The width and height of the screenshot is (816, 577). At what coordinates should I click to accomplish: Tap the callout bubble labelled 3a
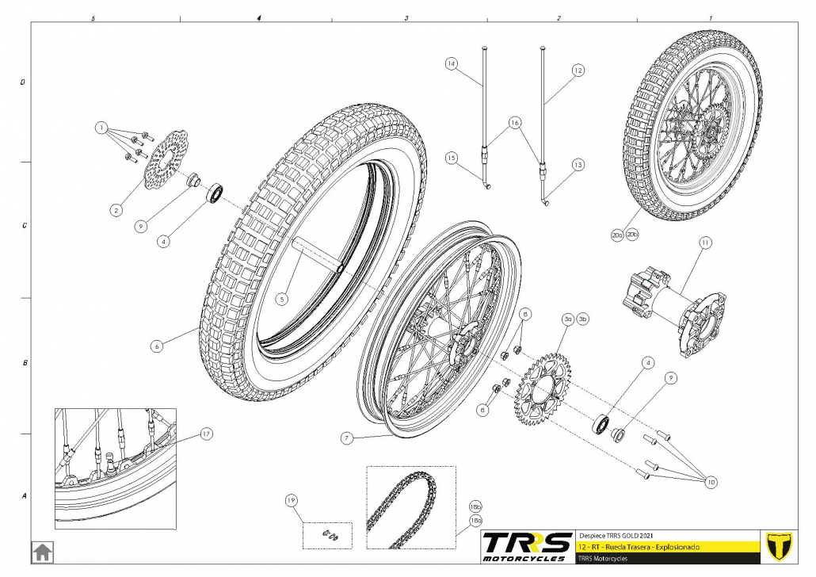pos(567,319)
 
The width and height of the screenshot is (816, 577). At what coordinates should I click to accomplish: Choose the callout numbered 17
pos(205,434)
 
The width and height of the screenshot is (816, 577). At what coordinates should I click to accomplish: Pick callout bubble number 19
pos(291,500)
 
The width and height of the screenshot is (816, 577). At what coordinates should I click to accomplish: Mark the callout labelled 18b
pos(475,505)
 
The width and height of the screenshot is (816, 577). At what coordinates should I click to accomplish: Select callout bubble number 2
pos(116,210)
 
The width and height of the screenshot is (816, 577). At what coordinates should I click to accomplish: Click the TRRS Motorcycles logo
pos(527,546)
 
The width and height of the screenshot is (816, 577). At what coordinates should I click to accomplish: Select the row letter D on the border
pos(23,82)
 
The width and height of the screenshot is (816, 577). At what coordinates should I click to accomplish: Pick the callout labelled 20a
pos(616,235)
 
